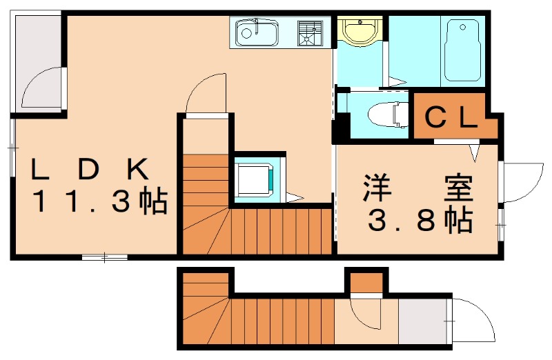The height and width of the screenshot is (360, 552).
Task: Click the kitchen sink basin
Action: (x=256, y=32)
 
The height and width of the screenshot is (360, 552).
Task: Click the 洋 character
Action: (x=378, y=188)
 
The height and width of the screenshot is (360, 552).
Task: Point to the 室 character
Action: (x=458, y=188)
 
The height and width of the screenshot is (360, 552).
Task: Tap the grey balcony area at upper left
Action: (x=38, y=62)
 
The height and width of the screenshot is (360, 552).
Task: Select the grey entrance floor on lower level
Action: (x=423, y=321)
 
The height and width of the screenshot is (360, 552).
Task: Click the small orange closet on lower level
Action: (x=366, y=282)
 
